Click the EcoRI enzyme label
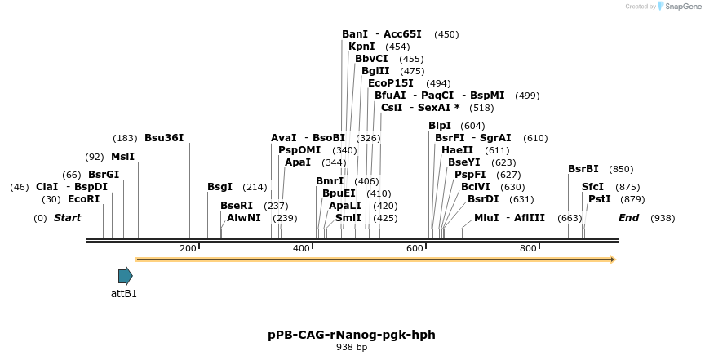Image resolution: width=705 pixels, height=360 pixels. point(83,199)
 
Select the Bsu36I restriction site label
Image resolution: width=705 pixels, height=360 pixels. point(164,138)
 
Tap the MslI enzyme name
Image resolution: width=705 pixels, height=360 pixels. point(123,157)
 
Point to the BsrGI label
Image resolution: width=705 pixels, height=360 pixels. point(104,175)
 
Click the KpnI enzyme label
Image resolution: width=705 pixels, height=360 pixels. point(361,47)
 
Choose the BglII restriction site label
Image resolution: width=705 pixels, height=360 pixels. point(375,71)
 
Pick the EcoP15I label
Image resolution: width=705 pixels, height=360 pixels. point(391,83)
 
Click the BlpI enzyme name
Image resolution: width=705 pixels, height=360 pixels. point(440,126)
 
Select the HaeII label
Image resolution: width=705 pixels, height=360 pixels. point(457,150)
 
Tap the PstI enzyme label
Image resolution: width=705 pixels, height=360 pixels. point(600,199)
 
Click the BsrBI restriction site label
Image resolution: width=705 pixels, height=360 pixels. point(583,169)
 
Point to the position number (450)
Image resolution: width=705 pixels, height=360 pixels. point(446,34)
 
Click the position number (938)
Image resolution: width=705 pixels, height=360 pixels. point(663,218)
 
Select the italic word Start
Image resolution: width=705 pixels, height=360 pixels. point(68,218)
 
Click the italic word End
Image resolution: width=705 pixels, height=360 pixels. point(629,218)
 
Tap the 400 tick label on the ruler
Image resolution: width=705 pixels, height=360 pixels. point(301,248)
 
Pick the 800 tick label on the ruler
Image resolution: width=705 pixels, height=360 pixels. point(528,248)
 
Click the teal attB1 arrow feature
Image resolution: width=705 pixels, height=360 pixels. point(125,276)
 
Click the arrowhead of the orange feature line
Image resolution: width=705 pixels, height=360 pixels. point(611,260)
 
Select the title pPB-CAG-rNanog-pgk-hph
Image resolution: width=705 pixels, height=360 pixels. point(352,335)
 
